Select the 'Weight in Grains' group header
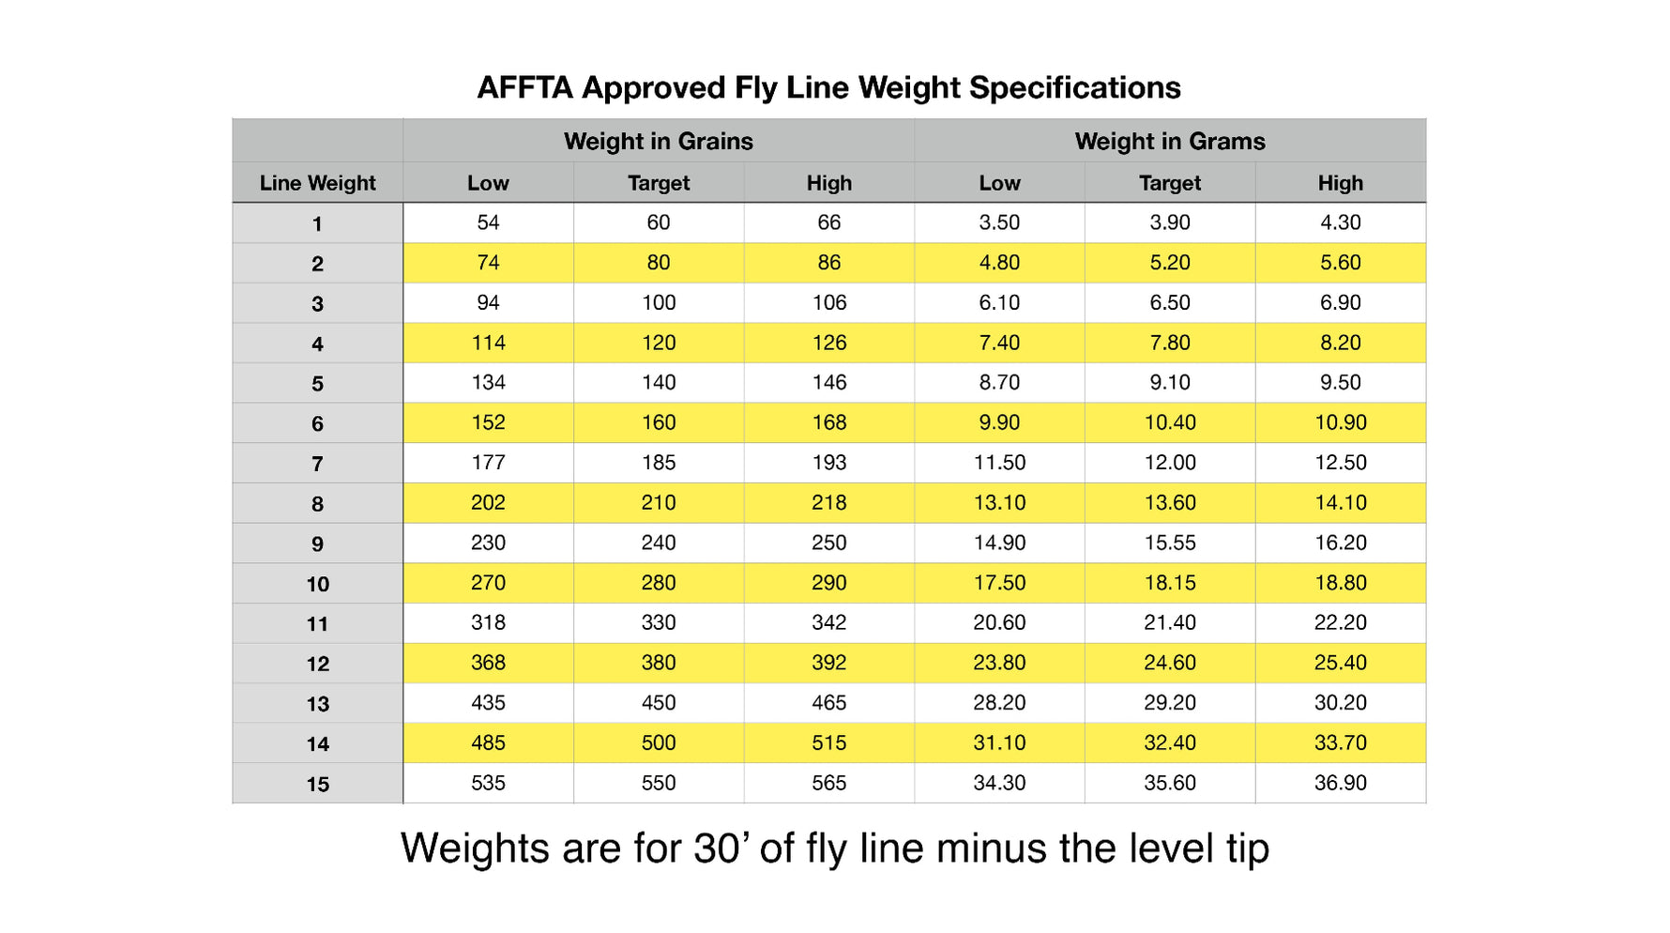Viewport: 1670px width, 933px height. [658, 142]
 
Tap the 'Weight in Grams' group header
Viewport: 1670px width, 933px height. [1169, 142]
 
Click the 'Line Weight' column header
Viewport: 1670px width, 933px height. [317, 183]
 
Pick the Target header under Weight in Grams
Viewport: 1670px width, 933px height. [1169, 183]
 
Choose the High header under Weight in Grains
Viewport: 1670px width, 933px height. [828, 183]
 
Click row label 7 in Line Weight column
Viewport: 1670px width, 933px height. [317, 464]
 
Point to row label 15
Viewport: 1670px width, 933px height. [317, 784]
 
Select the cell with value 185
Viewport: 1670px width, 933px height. [658, 463]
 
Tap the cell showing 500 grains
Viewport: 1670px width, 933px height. [658, 742]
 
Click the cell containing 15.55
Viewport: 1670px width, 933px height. [1169, 543]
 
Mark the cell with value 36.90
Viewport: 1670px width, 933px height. [1340, 783]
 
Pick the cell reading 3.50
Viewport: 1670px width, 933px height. [998, 222]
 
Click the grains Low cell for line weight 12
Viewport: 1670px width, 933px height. [488, 663]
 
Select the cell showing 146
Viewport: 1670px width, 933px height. [828, 382]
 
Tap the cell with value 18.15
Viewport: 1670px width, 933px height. [1169, 583]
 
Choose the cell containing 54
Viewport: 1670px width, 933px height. [488, 222]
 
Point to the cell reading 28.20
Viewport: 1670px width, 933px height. [998, 703]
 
